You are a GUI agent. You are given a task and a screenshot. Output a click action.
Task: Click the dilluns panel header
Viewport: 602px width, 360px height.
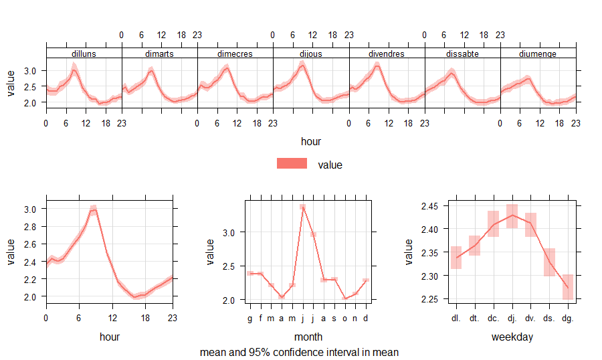pyautogui.click(x=84, y=54)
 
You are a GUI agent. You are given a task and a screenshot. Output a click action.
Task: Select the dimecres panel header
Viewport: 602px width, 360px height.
pyautogui.click(x=235, y=54)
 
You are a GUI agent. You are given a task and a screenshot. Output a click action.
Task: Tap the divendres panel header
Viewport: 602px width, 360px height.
pyautogui.click(x=386, y=54)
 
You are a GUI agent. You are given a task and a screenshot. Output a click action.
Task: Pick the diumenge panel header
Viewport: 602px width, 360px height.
pyautogui.click(x=538, y=54)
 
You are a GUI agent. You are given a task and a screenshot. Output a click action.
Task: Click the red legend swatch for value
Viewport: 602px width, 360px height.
pyautogui.click(x=292, y=164)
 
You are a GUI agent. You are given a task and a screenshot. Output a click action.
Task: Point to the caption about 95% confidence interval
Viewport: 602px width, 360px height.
pyautogui.click(x=299, y=352)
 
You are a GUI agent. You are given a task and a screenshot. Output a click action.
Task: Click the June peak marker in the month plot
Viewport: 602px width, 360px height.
pyautogui.click(x=303, y=208)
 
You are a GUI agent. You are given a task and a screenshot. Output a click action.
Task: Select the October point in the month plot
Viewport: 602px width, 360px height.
pyautogui.click(x=344, y=298)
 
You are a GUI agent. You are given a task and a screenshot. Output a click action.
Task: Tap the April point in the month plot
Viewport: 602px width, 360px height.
pyautogui.click(x=282, y=297)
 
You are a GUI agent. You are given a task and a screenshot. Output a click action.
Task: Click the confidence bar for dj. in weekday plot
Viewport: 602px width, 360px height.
pyautogui.click(x=512, y=215)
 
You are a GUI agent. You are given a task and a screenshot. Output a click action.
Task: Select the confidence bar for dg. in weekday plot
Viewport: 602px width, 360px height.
pyautogui.click(x=568, y=287)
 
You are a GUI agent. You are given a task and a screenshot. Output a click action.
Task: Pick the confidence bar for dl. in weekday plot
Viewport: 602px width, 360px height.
pyautogui.click(x=456, y=258)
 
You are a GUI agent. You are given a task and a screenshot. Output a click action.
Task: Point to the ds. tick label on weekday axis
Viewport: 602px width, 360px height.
pyautogui.click(x=549, y=319)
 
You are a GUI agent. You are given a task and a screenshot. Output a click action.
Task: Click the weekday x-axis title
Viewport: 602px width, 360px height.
pyautogui.click(x=512, y=337)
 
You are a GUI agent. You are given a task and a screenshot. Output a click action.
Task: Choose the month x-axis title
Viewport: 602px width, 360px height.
pyautogui.click(x=308, y=337)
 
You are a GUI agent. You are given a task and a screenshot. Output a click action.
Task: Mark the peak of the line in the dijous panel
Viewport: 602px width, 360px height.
pyautogui.click(x=302, y=65)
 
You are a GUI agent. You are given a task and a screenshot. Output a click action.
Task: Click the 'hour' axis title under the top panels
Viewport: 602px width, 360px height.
pyautogui.click(x=311, y=141)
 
